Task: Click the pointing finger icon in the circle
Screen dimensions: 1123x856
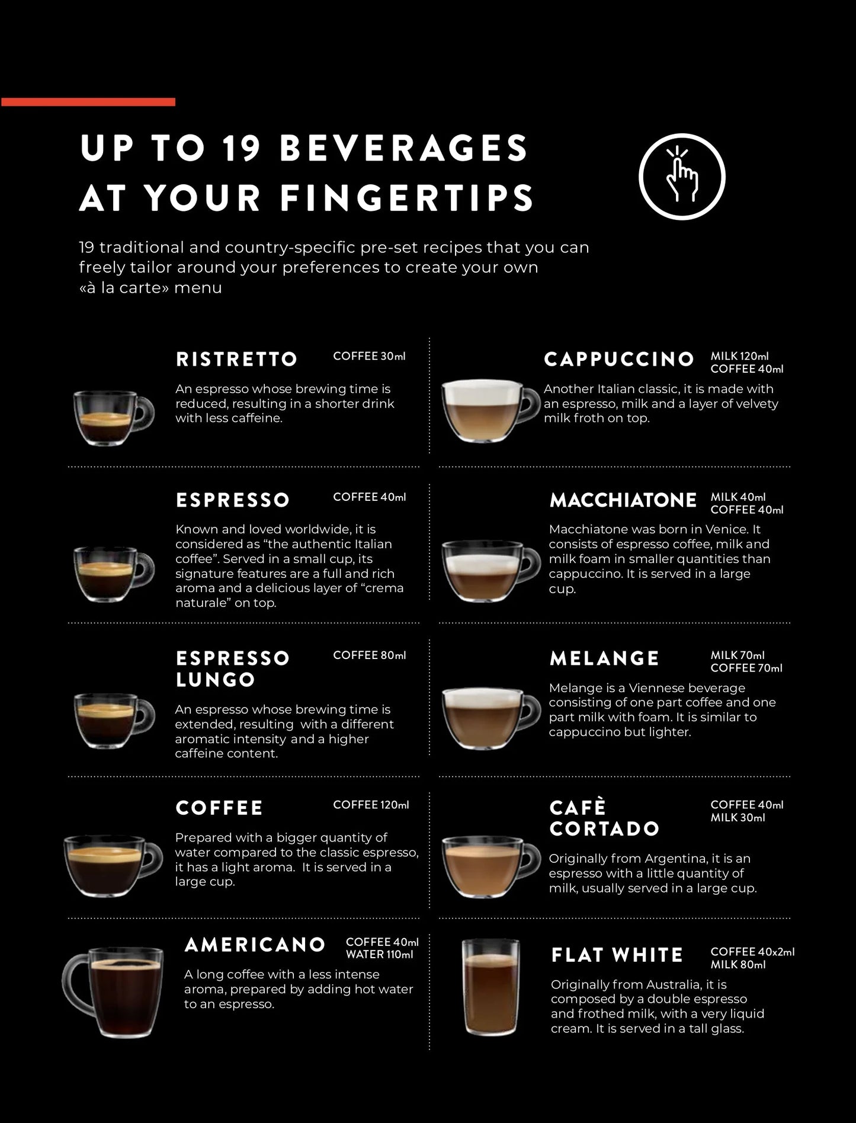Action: click(682, 176)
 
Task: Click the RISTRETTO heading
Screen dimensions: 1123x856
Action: click(236, 359)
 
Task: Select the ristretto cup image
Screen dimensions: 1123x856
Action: click(113, 417)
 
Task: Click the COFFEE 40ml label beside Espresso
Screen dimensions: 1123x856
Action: click(369, 497)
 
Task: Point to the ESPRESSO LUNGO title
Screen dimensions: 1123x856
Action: click(232, 668)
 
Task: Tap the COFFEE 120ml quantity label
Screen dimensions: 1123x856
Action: click(371, 805)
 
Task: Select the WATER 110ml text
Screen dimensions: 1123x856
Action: click(379, 955)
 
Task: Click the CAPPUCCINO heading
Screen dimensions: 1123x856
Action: click(619, 359)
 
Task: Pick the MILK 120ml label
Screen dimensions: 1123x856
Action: click(739, 356)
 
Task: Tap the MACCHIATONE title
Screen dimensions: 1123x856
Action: click(623, 500)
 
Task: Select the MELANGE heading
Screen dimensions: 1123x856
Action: click(604, 658)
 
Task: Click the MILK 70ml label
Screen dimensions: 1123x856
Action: click(738, 655)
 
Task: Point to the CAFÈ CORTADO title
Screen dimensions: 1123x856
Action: click(604, 818)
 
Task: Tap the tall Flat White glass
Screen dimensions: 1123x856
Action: click(490, 987)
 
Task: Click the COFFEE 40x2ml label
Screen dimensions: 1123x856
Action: click(752, 952)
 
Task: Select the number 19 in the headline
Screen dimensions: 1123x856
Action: click(241, 148)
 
